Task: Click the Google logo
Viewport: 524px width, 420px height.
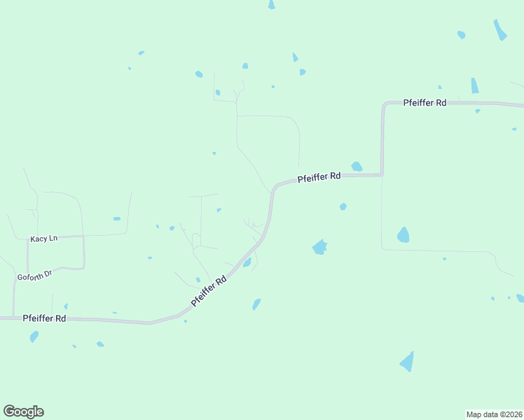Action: (x=23, y=412)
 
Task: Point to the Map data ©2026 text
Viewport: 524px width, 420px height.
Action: (x=494, y=414)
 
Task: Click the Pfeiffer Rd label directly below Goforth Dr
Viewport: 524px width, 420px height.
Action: (x=44, y=318)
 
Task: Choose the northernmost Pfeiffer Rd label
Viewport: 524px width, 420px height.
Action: (x=425, y=102)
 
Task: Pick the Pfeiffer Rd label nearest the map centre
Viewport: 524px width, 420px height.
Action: (x=319, y=177)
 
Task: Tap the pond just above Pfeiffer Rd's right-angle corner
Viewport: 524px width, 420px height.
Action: (x=357, y=167)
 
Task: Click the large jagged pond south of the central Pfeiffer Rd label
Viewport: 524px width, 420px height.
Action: (x=319, y=247)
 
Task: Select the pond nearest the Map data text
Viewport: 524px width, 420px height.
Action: (x=407, y=361)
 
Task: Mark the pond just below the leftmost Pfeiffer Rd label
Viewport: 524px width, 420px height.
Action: (x=34, y=337)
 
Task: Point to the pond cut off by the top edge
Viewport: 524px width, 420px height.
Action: (x=271, y=4)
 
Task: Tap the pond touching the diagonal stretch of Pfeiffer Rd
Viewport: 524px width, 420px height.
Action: (x=247, y=262)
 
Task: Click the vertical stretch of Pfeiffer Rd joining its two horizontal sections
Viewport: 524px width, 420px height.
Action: (x=382, y=140)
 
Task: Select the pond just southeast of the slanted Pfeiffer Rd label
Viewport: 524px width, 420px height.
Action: (x=256, y=304)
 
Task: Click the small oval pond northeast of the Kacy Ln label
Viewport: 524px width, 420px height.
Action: (x=117, y=218)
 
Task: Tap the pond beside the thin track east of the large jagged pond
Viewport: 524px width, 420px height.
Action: (x=403, y=234)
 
